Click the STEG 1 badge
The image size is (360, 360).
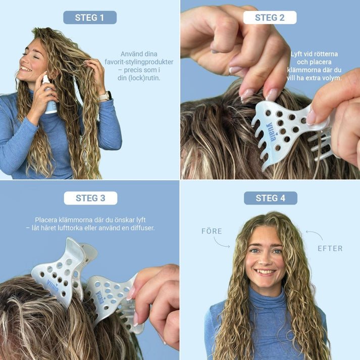pyautogui.click(x=89, y=18)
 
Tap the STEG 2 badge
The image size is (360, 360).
pyautogui.click(x=270, y=18)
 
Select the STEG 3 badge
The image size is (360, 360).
pyautogui.click(x=90, y=198)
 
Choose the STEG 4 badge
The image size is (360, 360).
pyautogui.click(x=270, y=198)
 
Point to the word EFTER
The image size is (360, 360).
pyautogui.click(x=330, y=248)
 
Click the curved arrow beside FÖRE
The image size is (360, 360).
pyautogui.click(x=221, y=242)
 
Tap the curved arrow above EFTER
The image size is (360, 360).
pyautogui.click(x=314, y=235)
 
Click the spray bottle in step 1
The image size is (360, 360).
pyautogui.click(x=49, y=96)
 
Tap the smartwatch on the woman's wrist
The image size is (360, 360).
pyautogui.click(x=106, y=95)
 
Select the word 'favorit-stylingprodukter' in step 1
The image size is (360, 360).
pyautogui.click(x=139, y=62)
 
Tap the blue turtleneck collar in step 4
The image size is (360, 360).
pyautogui.click(x=266, y=296)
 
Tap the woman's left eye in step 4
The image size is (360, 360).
pyautogui.click(x=277, y=251)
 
